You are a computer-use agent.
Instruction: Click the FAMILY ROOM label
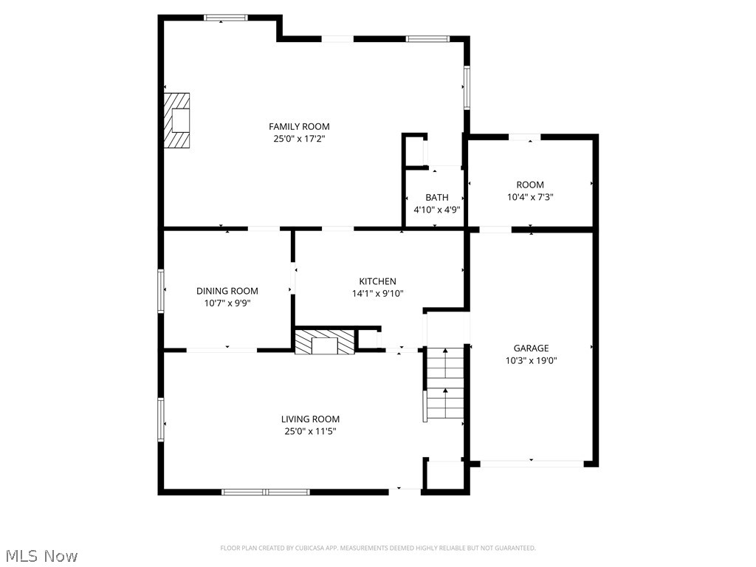[x=299, y=127]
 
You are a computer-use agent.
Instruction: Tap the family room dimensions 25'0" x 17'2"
[x=299, y=138]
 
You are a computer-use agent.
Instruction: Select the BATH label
[x=436, y=198]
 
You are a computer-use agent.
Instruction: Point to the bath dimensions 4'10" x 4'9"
[x=436, y=209]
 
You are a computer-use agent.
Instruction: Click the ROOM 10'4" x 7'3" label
[x=530, y=185]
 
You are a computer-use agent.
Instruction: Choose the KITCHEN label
[x=377, y=281]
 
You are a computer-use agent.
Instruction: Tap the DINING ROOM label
[x=227, y=291]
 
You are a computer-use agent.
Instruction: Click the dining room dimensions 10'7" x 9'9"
[x=227, y=303]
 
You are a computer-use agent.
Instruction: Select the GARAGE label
[x=531, y=348]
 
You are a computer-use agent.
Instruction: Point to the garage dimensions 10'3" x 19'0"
[x=531, y=360]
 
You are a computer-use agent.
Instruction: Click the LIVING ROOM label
[x=310, y=419]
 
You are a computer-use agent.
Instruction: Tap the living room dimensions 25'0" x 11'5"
[x=310, y=431]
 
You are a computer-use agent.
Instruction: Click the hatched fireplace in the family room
[x=177, y=120]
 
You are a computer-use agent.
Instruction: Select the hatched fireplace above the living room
[x=325, y=343]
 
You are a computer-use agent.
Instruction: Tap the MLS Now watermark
[x=41, y=555]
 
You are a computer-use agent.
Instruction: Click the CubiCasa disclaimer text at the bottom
[x=377, y=548]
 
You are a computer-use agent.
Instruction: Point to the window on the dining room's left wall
[x=161, y=291]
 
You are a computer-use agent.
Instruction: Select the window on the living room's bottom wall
[x=266, y=492]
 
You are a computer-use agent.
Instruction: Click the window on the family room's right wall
[x=467, y=88]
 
